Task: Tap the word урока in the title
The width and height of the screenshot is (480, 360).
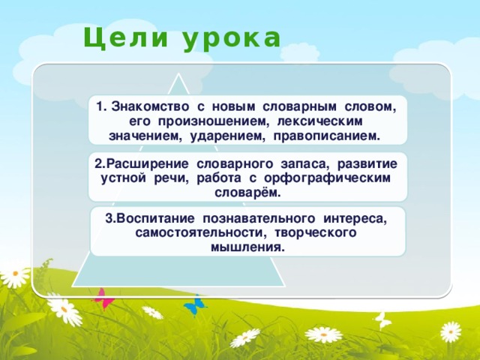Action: [x=230, y=37]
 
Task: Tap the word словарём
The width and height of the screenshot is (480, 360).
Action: [x=247, y=193]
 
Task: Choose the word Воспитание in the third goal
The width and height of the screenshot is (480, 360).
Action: [x=150, y=218]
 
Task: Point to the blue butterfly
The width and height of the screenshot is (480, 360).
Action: [x=194, y=304]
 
